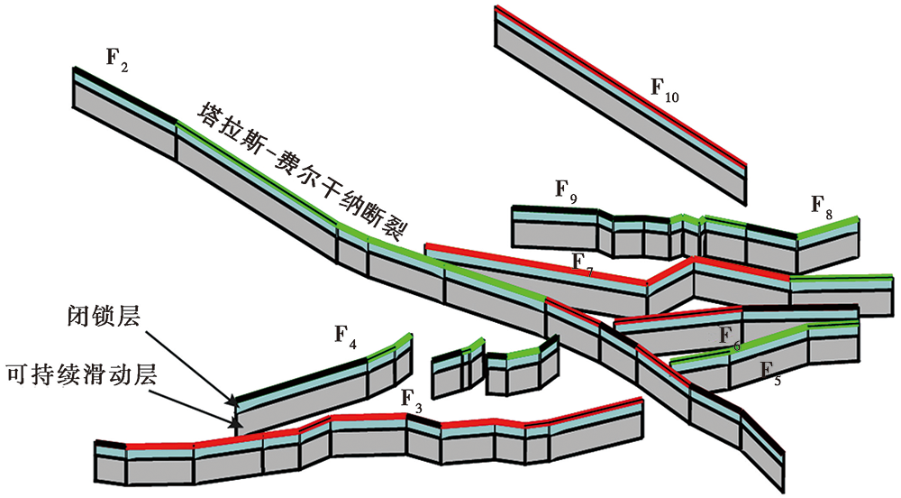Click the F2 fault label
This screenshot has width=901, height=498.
(117, 60)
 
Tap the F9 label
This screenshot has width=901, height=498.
(566, 191)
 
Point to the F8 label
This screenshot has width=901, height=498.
(821, 207)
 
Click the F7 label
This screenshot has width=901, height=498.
(583, 263)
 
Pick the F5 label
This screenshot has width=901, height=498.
(770, 373)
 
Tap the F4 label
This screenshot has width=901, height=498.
(346, 337)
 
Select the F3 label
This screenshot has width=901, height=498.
(412, 401)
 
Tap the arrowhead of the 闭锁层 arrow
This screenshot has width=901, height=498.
(232, 399)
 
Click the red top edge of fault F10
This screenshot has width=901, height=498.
(621, 86)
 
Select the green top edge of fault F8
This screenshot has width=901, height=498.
(828, 226)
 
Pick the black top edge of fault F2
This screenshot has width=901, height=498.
(124, 95)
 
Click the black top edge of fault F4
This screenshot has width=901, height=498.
(302, 378)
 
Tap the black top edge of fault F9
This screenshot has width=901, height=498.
(554, 207)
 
